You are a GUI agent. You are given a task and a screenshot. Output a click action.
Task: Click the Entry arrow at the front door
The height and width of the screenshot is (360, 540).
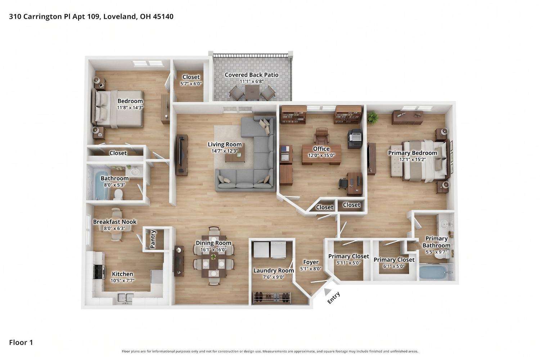tap(327, 292)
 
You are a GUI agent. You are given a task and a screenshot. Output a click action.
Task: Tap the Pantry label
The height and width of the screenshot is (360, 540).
tap(153, 239)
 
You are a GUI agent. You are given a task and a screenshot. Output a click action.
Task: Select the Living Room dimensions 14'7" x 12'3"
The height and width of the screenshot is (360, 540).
tap(225, 151)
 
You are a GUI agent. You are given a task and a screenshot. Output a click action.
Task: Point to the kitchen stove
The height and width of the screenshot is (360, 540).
tap(99, 272)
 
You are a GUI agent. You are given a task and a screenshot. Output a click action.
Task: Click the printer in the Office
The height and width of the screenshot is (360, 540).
tap(355, 138)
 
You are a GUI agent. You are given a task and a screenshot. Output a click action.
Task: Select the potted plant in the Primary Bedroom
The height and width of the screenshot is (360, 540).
tap(373, 117)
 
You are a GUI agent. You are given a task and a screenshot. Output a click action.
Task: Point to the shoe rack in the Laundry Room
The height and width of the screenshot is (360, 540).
tap(272, 298)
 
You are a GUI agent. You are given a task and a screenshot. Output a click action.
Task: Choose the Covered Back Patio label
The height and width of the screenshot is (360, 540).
tap(251, 75)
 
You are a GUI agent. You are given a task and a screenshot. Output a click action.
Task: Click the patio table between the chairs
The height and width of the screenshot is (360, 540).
tap(252, 93)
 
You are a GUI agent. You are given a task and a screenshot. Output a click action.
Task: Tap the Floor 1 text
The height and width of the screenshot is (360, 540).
tap(21, 342)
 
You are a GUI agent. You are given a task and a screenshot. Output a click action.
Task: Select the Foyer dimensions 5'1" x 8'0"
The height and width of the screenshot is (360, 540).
tap(311, 269)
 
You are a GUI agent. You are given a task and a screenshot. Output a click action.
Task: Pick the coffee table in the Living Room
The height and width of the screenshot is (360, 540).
tap(235, 154)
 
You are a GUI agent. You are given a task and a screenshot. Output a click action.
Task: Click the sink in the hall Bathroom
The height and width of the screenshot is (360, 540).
tap(135, 172)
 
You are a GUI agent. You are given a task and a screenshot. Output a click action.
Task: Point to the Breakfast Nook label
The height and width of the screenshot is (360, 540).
tap(115, 222)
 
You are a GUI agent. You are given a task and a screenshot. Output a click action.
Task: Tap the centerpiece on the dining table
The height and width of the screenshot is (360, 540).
tap(213, 257)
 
